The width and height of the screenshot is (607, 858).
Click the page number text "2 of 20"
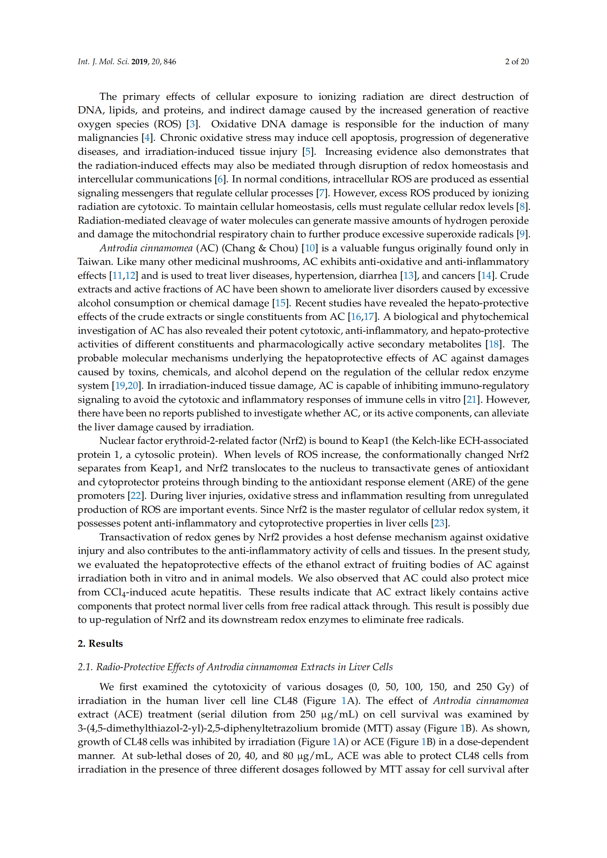(x=517, y=62)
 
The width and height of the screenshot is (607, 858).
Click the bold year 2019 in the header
(x=139, y=62)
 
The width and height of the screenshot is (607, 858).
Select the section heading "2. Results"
(x=100, y=643)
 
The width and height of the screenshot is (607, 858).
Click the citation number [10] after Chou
(x=310, y=248)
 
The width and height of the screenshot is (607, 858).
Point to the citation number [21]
(x=471, y=399)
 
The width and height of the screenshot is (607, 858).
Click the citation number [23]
(x=439, y=523)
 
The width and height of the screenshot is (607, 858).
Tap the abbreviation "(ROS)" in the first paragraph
(x=167, y=124)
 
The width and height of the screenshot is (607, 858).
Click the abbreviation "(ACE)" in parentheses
(x=128, y=714)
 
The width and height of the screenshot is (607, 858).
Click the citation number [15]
(x=281, y=303)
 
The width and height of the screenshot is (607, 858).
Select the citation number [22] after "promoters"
(x=136, y=496)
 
